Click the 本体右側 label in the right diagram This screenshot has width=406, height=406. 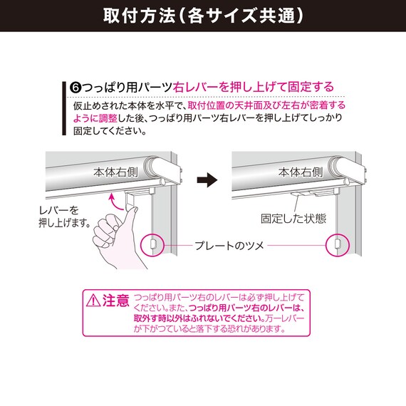301,172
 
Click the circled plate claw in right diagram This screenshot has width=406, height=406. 336,245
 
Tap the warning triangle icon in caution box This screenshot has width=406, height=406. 93,300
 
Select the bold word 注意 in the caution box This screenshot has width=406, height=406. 116,299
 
